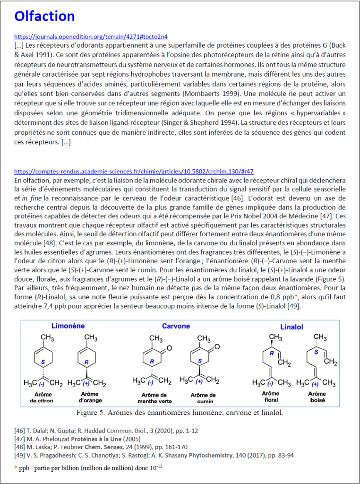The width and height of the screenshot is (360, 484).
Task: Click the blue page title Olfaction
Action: point(44,16)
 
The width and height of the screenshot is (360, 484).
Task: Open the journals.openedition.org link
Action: point(91,36)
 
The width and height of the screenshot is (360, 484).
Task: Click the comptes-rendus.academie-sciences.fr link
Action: point(137,171)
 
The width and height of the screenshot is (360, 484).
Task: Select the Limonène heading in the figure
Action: point(69,326)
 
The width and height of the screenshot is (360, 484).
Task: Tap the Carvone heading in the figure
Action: point(176,326)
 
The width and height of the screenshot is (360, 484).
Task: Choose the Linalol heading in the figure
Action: point(295,327)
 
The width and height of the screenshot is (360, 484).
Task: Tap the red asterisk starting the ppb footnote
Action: point(16,468)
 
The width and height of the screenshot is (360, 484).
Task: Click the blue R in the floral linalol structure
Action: point(272,354)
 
